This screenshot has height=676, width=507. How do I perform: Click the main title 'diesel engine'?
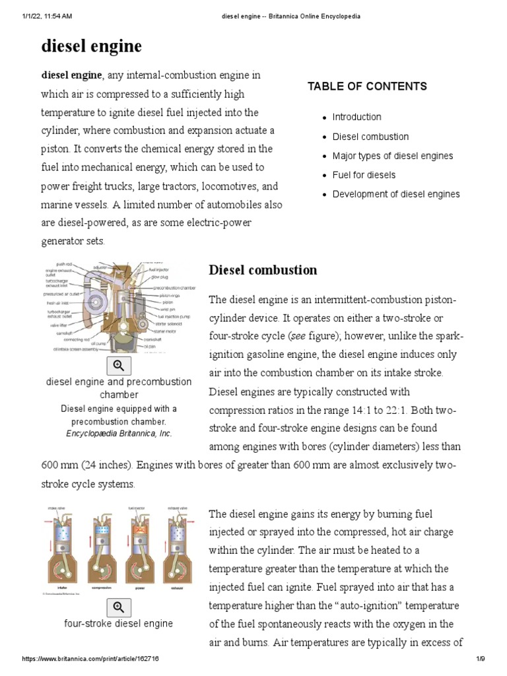(x=92, y=46)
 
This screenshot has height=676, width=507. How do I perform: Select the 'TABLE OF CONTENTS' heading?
(x=367, y=86)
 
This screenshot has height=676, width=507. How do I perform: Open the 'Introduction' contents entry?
(x=356, y=117)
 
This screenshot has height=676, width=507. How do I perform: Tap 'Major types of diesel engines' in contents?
(x=393, y=156)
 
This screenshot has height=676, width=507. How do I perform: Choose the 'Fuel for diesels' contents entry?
(x=364, y=175)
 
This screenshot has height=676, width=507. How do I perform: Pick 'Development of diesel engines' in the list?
(x=396, y=194)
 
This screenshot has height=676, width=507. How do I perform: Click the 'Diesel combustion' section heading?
(x=263, y=270)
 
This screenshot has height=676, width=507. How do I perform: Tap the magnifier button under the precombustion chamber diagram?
(x=119, y=365)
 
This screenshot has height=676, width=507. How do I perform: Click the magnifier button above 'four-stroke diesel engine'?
(x=119, y=607)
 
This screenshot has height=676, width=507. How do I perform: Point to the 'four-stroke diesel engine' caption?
(x=119, y=623)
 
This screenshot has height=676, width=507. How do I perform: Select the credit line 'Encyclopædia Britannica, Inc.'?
(x=119, y=434)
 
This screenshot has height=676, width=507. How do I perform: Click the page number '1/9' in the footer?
(x=481, y=659)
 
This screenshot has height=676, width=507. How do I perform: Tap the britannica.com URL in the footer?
(x=90, y=659)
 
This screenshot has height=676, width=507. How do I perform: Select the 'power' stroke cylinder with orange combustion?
(x=138, y=541)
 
